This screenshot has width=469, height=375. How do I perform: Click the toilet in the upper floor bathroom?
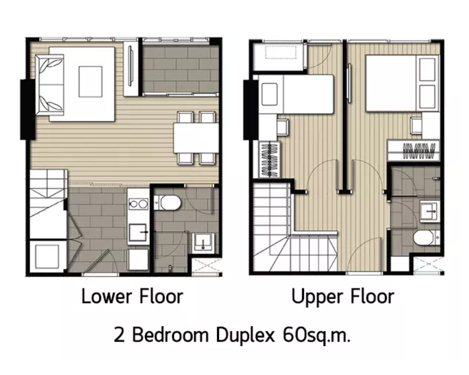point(423,238)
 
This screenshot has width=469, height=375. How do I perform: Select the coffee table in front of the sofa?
point(90,81)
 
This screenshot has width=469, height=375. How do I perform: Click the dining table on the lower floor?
point(196,138)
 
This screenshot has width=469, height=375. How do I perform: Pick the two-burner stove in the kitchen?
point(138,204)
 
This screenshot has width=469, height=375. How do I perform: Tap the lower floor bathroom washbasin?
point(202,241)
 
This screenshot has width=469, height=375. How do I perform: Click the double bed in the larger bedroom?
point(402,83)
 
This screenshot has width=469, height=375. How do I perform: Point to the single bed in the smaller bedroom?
point(297,94)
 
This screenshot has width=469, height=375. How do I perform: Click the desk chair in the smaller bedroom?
point(282,127)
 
